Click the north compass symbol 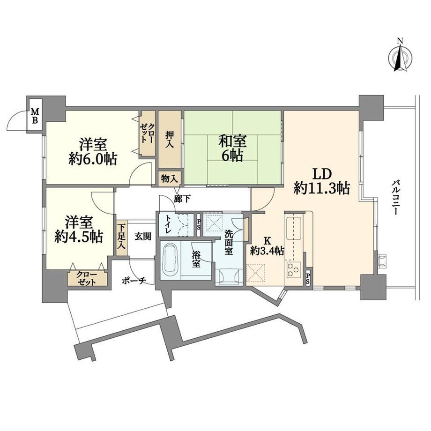point(400,58)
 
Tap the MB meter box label point(35,116)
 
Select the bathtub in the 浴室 point(171,260)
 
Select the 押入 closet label point(170,139)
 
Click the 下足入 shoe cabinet point(121,238)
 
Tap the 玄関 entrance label point(143,237)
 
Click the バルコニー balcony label point(396,197)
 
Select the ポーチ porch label point(134,281)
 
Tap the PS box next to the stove point(308,278)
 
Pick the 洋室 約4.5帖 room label point(79,230)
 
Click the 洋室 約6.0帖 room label point(93,151)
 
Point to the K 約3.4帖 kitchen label point(267,246)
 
